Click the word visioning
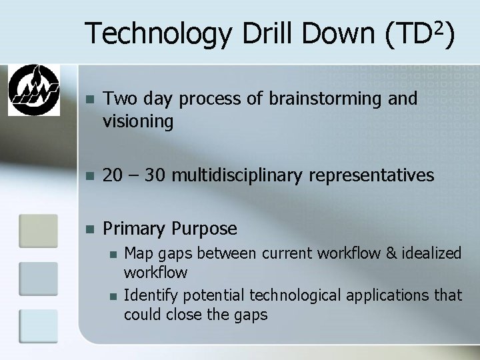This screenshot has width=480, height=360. point(138,121)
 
